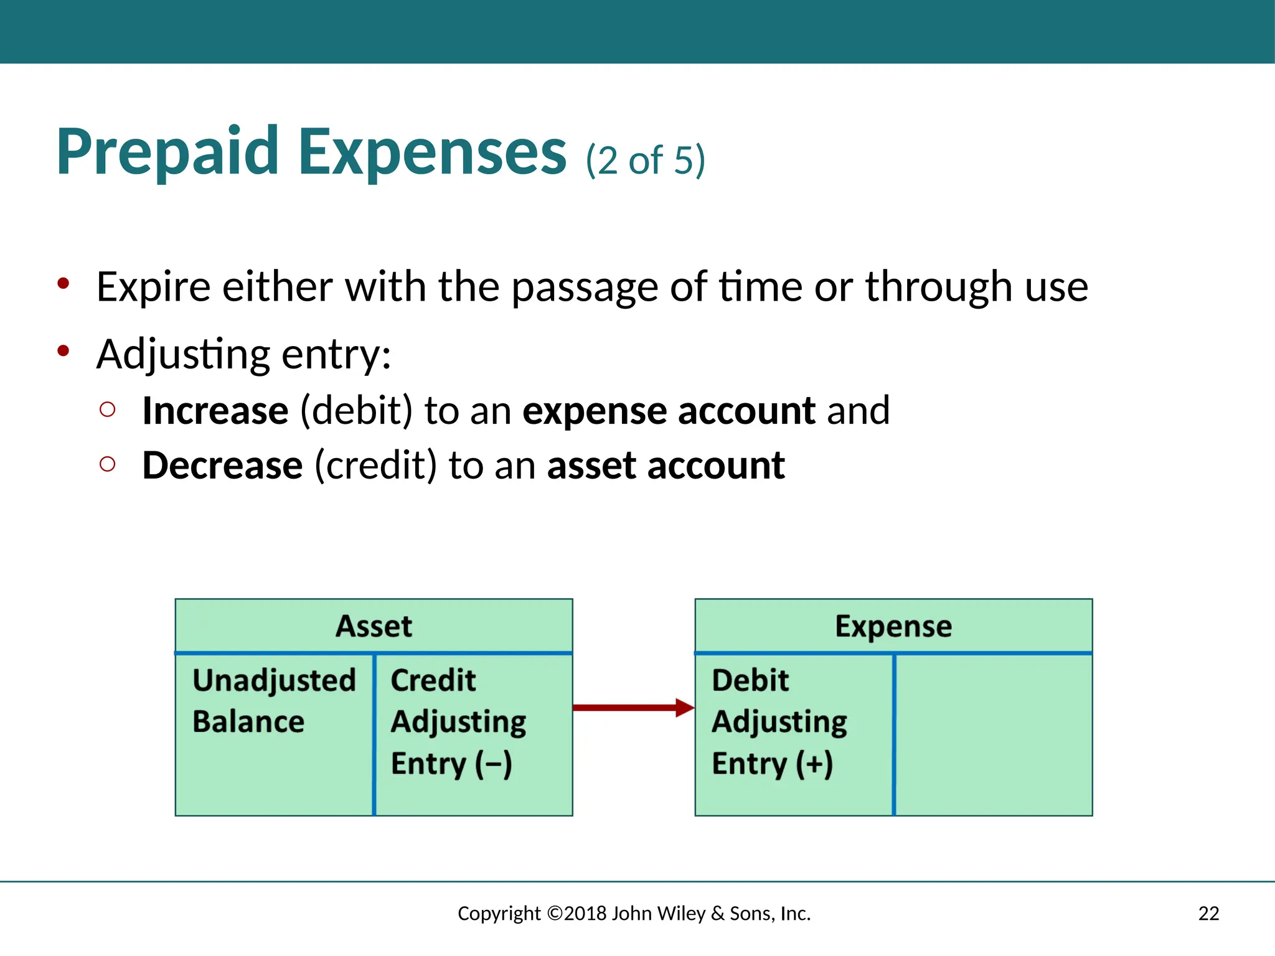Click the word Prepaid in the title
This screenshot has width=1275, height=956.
[167, 152]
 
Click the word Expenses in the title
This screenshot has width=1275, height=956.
[432, 152]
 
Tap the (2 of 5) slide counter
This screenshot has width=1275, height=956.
[645, 161]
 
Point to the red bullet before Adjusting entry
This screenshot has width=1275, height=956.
[63, 352]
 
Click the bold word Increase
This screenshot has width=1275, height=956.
[215, 411]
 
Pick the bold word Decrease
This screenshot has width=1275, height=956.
[222, 466]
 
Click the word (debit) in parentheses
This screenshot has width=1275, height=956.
[356, 411]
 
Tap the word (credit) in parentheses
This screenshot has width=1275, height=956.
[375, 466]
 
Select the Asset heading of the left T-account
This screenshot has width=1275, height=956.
[374, 626]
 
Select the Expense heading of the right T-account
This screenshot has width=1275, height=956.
[893, 626]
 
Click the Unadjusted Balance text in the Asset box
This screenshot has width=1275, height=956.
[274, 700]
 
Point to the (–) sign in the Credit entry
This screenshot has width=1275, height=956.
[494, 764]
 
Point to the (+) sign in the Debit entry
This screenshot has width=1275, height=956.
[814, 764]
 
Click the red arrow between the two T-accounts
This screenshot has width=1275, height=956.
[632, 708]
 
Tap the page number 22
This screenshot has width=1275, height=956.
[1208, 913]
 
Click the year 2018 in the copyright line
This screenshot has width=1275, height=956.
[586, 913]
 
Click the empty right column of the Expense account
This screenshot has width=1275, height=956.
[994, 734]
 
